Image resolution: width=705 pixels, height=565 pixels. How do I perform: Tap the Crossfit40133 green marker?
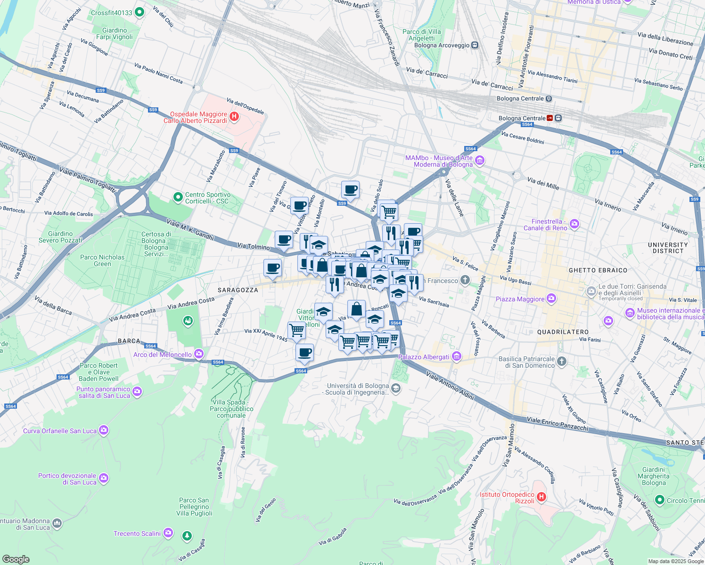coord(139,12)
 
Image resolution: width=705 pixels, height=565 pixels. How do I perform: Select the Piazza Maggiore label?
coord(520,299)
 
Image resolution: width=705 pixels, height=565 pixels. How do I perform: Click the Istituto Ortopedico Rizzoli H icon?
coord(541,497)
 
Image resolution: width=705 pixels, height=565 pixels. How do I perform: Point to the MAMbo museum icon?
coord(480,161)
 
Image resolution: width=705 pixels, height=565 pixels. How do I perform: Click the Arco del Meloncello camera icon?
coord(199,354)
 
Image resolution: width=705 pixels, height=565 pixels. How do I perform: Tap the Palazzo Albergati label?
coord(424,357)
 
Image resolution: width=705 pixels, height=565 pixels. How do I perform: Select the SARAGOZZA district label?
coord(238,290)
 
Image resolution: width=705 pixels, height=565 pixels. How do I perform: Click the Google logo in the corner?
coord(16,559)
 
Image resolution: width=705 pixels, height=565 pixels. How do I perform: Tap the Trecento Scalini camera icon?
coord(168,533)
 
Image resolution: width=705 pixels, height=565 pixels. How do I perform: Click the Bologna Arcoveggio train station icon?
coord(475,45)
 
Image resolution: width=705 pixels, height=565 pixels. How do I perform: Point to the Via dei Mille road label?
coord(543,183)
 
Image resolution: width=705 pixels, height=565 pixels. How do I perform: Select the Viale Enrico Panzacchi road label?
coord(557,423)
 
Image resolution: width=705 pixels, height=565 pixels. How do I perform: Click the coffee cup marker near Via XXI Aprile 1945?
coord(304,352)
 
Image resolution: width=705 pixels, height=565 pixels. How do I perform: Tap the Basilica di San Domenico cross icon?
coord(561,362)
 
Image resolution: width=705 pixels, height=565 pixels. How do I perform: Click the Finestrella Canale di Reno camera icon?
coord(574,224)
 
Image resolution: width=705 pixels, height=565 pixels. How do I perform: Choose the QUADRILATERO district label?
coord(563,332)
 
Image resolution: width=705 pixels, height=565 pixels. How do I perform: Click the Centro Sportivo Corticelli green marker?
coord(178,197)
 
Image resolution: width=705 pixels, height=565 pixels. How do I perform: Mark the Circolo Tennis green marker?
coord(660,500)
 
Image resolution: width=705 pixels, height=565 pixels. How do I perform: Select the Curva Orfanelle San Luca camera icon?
coord(104,430)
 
